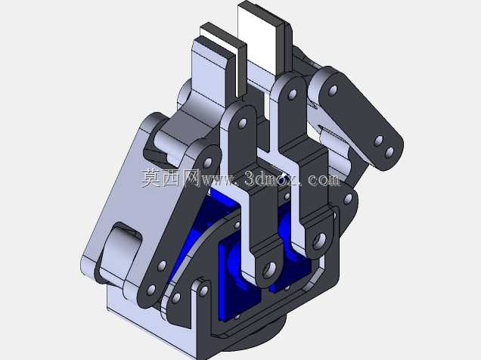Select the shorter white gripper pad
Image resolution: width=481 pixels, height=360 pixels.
219,46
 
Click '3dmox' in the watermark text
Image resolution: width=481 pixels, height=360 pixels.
272,178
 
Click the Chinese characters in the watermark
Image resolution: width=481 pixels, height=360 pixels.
171,178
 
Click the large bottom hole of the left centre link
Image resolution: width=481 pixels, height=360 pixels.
270,269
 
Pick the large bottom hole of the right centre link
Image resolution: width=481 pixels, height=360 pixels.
319,241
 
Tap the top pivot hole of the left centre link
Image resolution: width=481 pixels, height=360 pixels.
242,123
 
